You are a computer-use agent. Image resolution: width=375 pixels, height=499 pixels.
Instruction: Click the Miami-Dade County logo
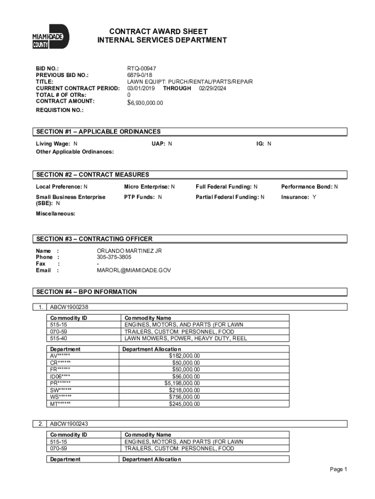(x=51, y=37)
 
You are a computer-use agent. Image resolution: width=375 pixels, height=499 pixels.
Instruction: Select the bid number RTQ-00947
(x=142, y=69)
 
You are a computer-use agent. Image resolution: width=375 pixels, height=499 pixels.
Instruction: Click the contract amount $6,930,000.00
(x=145, y=103)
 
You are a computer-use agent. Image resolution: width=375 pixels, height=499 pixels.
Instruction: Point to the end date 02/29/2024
(x=212, y=88)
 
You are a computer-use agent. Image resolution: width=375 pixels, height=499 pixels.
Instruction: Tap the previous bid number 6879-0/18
(x=140, y=76)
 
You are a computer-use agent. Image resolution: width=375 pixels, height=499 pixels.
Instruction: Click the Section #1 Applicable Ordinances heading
(x=98, y=132)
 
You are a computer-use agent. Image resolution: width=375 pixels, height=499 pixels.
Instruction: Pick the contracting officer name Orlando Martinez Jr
(x=129, y=250)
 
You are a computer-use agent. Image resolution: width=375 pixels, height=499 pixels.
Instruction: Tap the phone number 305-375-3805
(x=114, y=257)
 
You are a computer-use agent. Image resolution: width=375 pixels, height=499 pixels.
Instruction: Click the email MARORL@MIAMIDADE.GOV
(x=134, y=270)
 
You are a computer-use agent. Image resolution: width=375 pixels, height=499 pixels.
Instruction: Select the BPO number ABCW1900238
(x=69, y=307)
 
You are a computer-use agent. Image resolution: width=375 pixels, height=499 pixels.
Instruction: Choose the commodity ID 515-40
(x=58, y=338)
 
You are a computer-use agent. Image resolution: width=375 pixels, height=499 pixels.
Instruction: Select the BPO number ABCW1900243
(x=69, y=424)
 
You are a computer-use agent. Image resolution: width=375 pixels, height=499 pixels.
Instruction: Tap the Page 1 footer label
(x=338, y=469)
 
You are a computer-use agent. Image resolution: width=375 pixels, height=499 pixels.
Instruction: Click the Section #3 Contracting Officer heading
(x=94, y=239)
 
